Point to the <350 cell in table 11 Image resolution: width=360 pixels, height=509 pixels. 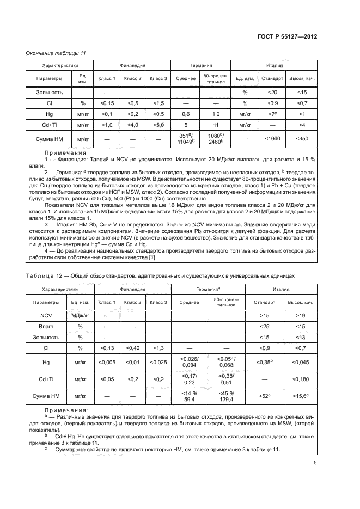click(302, 139)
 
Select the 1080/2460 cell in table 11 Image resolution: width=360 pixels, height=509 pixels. click(216, 139)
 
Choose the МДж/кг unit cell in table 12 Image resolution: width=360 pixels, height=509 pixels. click(80, 315)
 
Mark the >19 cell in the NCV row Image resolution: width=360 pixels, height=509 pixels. click(302, 315)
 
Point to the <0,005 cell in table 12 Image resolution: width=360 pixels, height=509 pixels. click(106, 362)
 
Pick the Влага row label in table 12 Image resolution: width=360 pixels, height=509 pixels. click(46, 327)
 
